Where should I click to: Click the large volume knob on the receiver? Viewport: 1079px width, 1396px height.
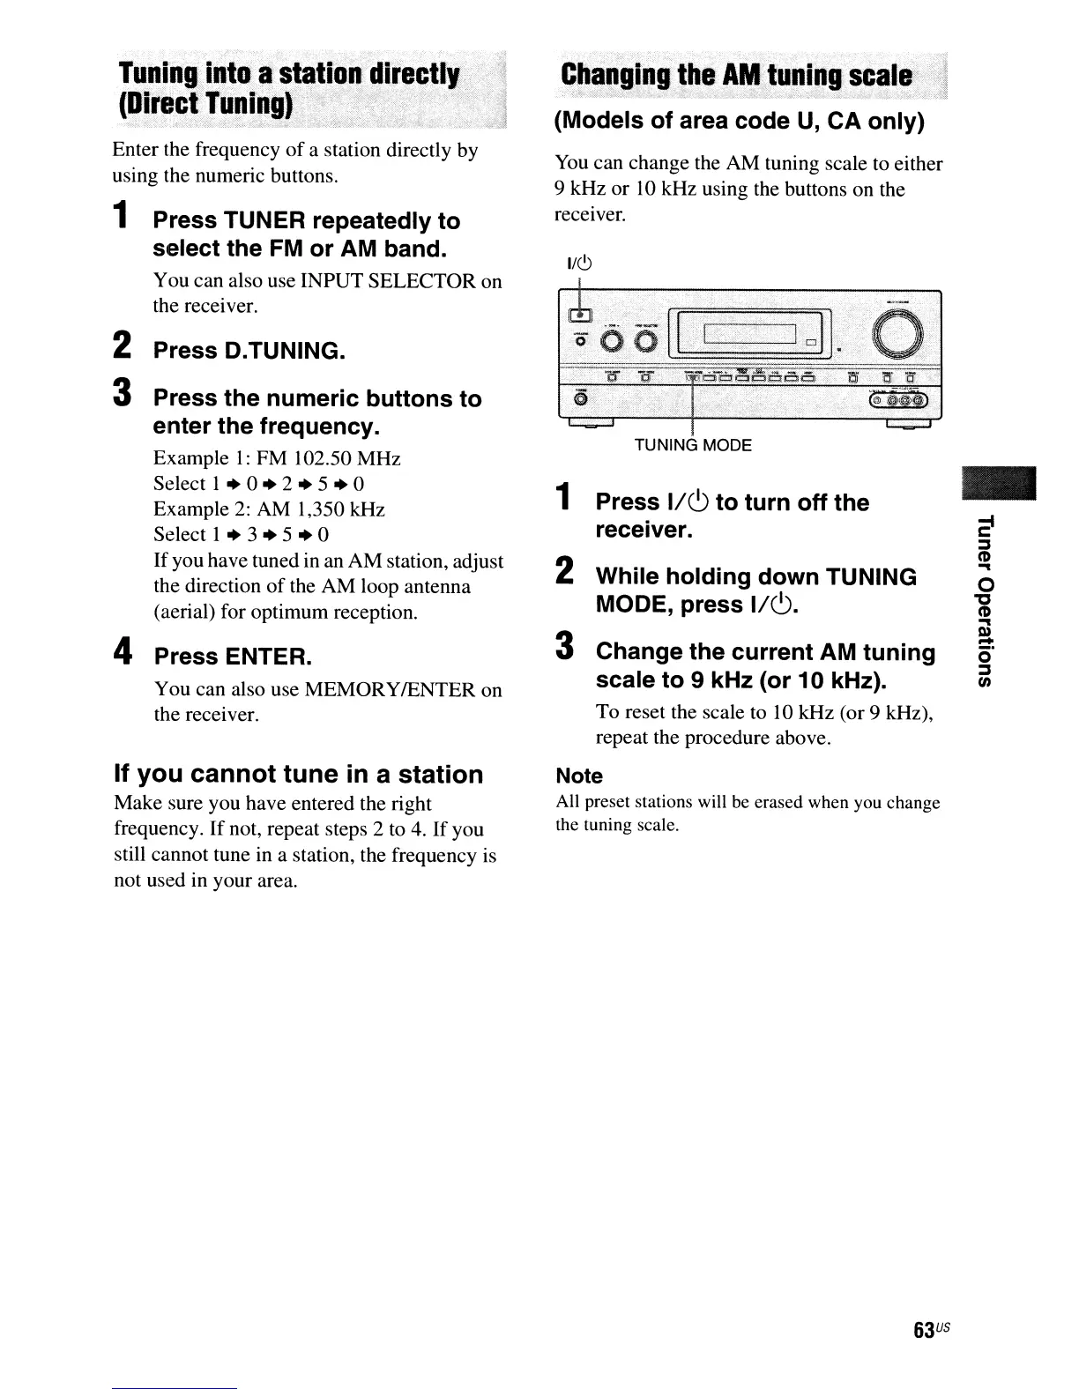[898, 336]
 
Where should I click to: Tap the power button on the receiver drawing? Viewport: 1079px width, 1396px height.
[581, 316]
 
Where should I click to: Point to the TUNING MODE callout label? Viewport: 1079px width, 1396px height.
[693, 445]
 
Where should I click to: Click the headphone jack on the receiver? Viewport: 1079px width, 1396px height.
[581, 399]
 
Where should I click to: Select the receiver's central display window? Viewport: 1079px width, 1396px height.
[749, 334]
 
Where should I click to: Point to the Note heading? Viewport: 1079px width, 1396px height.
[579, 776]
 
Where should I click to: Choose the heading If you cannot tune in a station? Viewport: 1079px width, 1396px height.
[299, 775]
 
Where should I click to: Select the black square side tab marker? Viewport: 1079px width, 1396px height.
[1000, 481]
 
